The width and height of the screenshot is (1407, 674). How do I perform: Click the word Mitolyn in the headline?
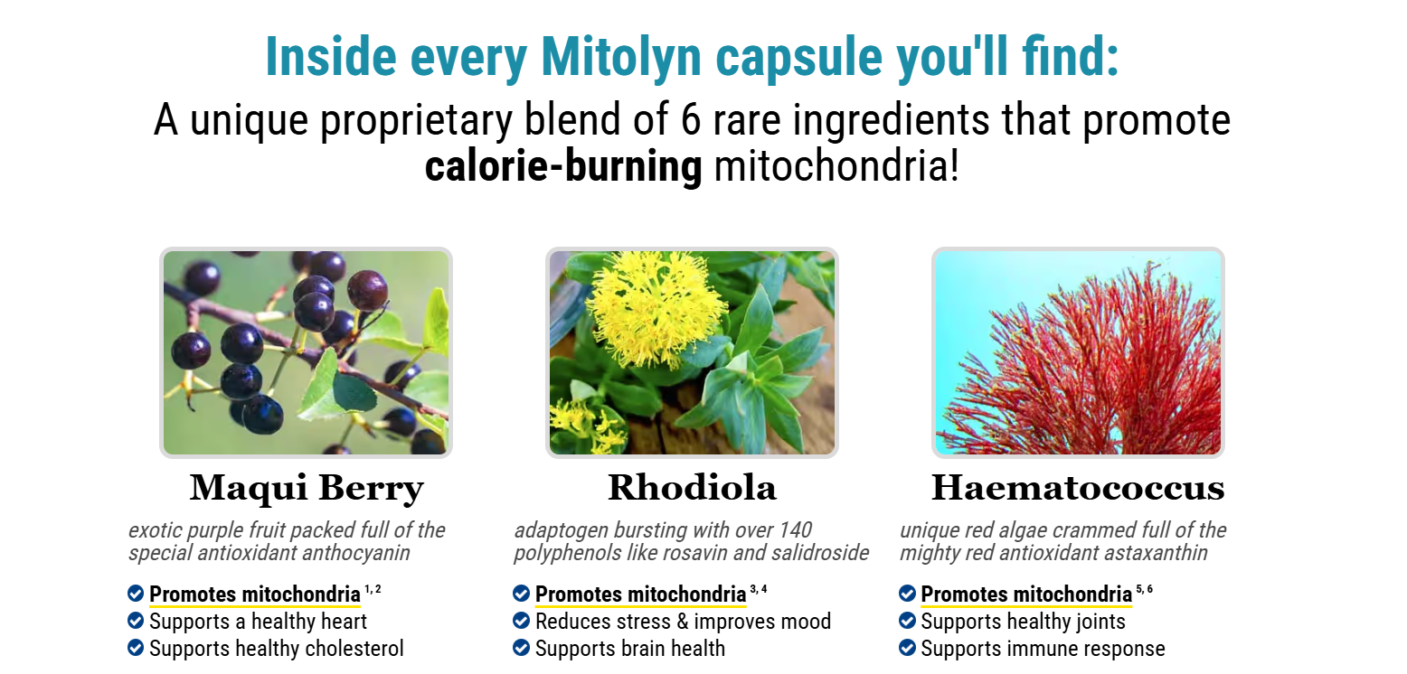coord(620,57)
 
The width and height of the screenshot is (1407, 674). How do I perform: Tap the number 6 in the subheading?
coord(690,119)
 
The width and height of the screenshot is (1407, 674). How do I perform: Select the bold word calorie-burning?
coord(563,166)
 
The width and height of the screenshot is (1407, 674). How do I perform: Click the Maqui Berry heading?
coord(307,488)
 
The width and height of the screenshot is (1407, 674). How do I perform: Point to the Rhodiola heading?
coord(692,487)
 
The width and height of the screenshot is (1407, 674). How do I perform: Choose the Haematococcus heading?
coord(1078,487)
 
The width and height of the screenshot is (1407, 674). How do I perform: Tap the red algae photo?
coord(1078,352)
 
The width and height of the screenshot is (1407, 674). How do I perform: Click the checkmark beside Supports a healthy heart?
coord(136,621)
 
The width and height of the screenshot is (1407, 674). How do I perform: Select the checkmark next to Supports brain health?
coord(522,648)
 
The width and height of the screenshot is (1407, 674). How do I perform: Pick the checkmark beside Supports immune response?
coord(907,648)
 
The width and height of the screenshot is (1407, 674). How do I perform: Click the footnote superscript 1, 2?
coord(373,589)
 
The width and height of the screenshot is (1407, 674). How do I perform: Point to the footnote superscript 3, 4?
coord(759,589)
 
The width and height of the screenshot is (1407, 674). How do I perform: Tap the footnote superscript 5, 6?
coord(1145,589)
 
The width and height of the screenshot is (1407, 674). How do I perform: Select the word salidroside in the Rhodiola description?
coord(820,553)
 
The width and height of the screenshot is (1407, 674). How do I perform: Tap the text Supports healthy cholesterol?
coord(277,649)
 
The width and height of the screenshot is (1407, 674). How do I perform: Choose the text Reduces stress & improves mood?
coord(683,622)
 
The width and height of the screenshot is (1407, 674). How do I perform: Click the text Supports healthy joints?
coord(1024,622)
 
